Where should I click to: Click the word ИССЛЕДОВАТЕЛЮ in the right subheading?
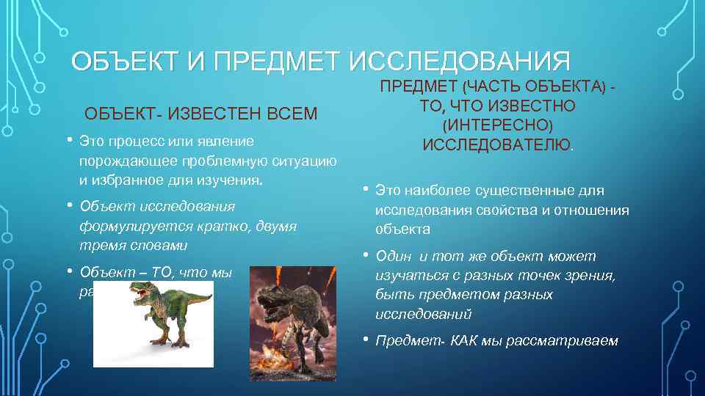click(x=496, y=144)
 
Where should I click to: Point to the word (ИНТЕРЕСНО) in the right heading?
click(x=497, y=125)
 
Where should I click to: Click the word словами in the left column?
click(x=156, y=245)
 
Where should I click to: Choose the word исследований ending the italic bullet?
click(x=423, y=314)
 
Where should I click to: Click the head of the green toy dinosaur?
click(x=139, y=291)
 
